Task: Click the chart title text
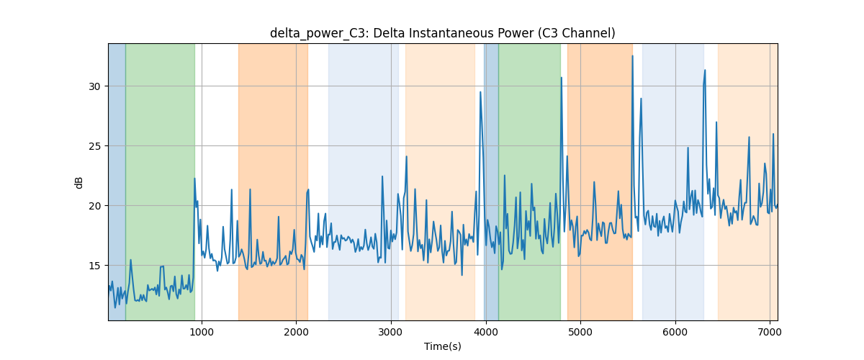pos(442,33)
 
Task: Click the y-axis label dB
pos(78,182)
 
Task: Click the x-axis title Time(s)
pos(442,346)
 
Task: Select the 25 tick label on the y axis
pos(94,146)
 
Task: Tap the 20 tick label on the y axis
pos(94,206)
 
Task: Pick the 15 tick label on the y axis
pos(94,266)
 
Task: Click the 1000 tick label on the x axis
pos(202,332)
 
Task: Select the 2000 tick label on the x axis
pos(296,332)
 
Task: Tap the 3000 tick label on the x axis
pos(391,332)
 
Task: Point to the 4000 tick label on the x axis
pos(486,332)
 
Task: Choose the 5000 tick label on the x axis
pos(580,332)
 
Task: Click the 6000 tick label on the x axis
pos(675,332)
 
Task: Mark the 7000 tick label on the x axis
pos(770,332)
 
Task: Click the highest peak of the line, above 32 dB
pos(633,56)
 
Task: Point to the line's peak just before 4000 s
pos(480,92)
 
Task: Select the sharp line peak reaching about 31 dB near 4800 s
pos(561,78)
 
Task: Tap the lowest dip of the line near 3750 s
pos(462,275)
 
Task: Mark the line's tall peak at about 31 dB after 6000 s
pos(705,71)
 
